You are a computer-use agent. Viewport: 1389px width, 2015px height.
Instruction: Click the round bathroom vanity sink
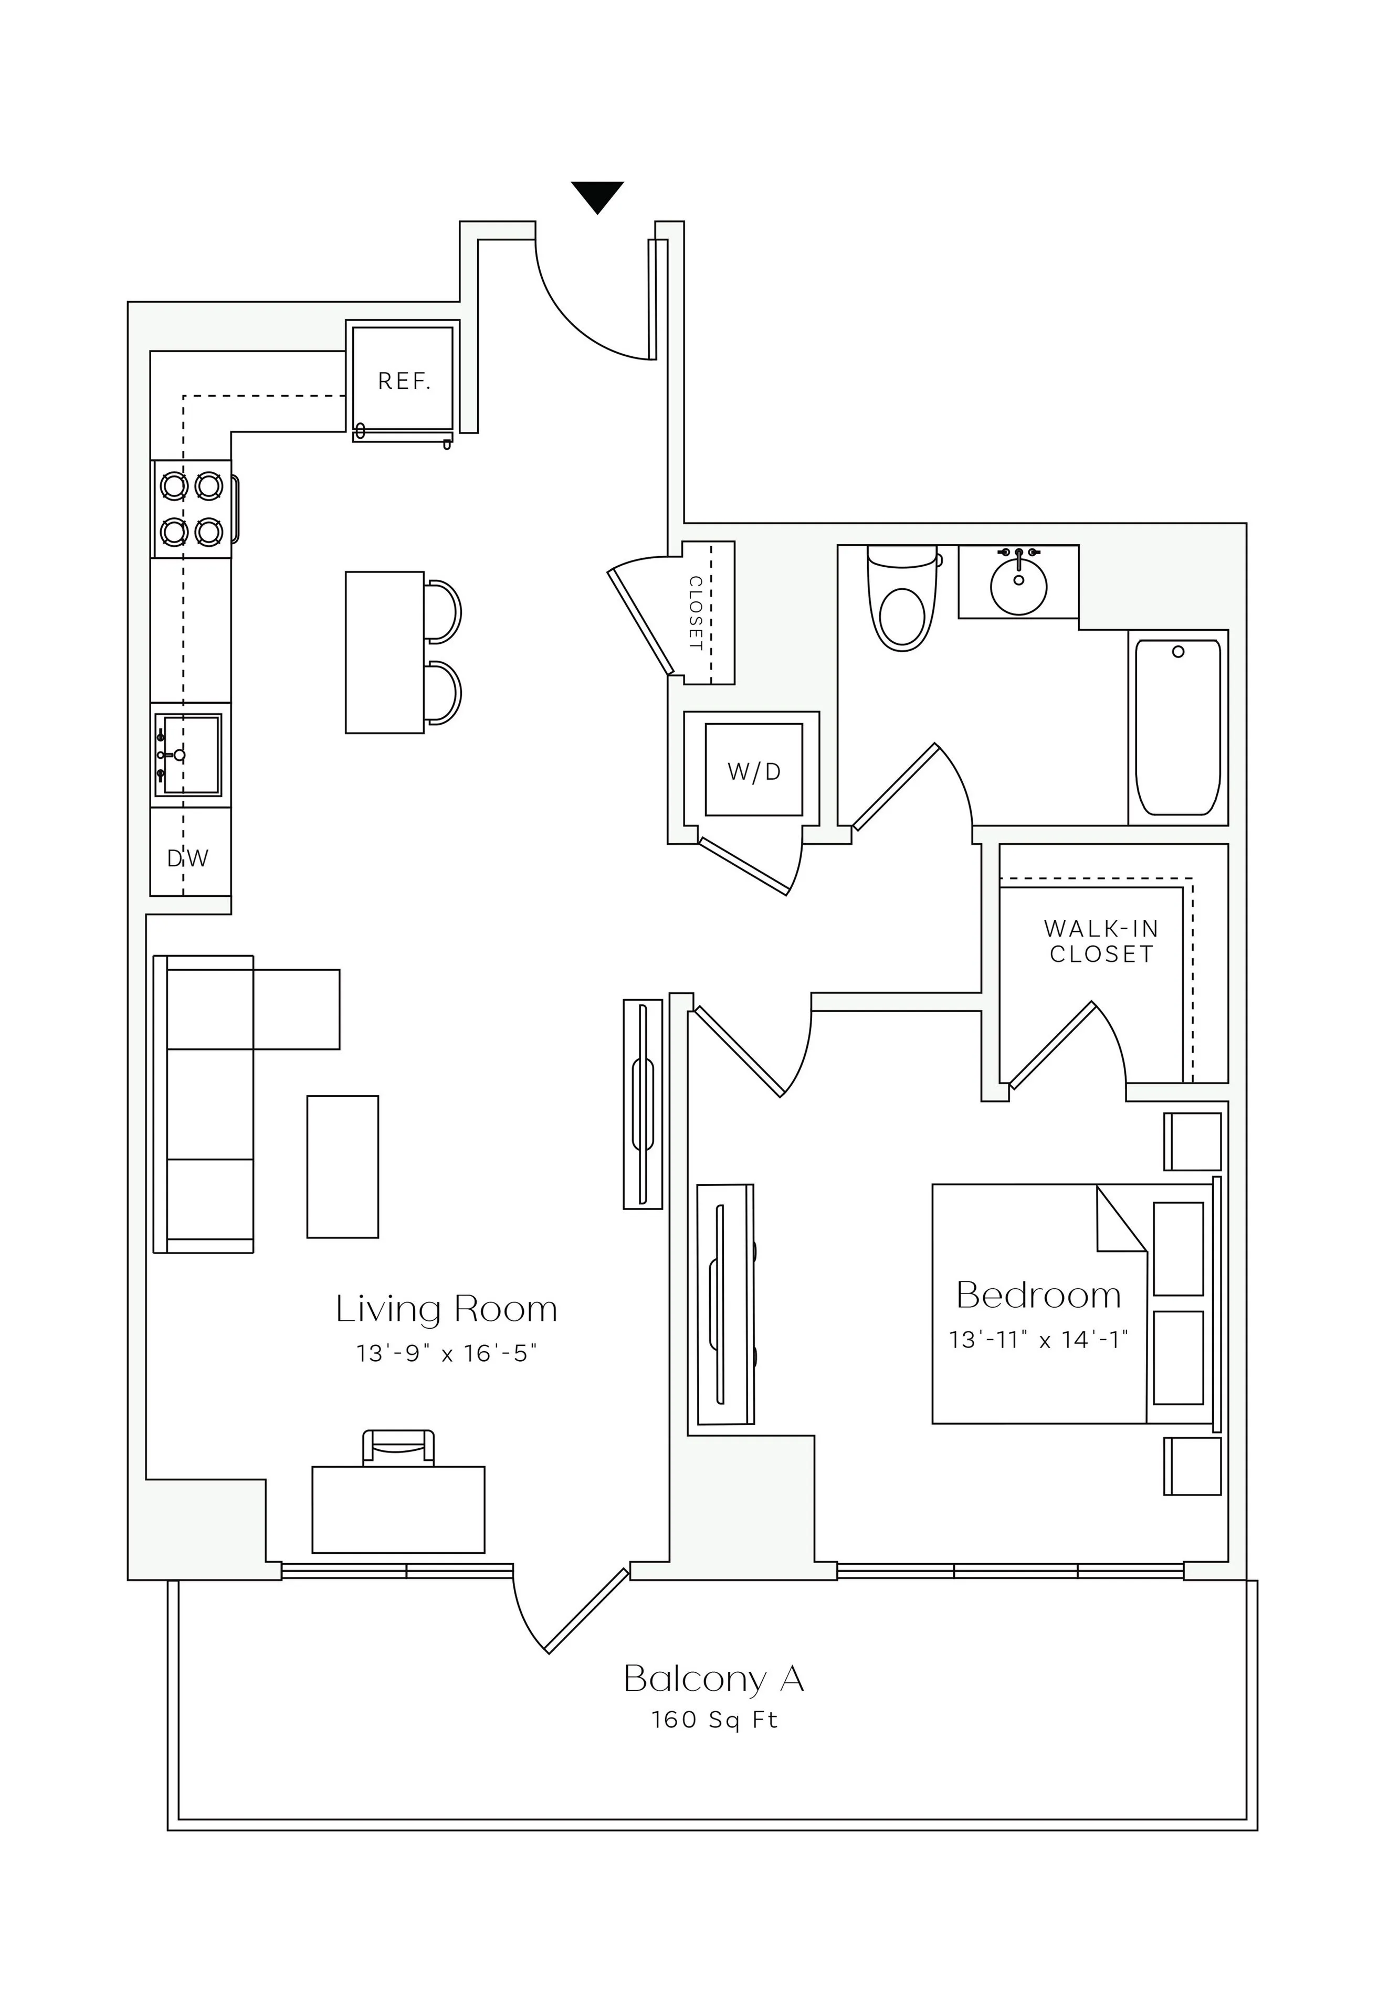click(x=1018, y=587)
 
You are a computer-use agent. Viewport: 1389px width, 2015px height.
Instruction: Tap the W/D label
click(x=754, y=771)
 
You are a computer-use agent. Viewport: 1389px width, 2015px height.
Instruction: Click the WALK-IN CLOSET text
click(x=1101, y=941)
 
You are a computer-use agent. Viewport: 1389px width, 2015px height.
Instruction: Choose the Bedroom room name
click(x=1038, y=1296)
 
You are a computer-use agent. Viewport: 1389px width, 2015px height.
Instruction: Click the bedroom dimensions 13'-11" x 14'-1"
click(x=1038, y=1340)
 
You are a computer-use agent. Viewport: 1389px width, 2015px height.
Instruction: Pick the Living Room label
click(x=446, y=1309)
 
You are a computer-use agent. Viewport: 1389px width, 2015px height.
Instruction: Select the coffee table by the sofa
click(x=342, y=1166)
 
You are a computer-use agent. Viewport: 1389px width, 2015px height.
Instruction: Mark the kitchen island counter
click(x=384, y=652)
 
